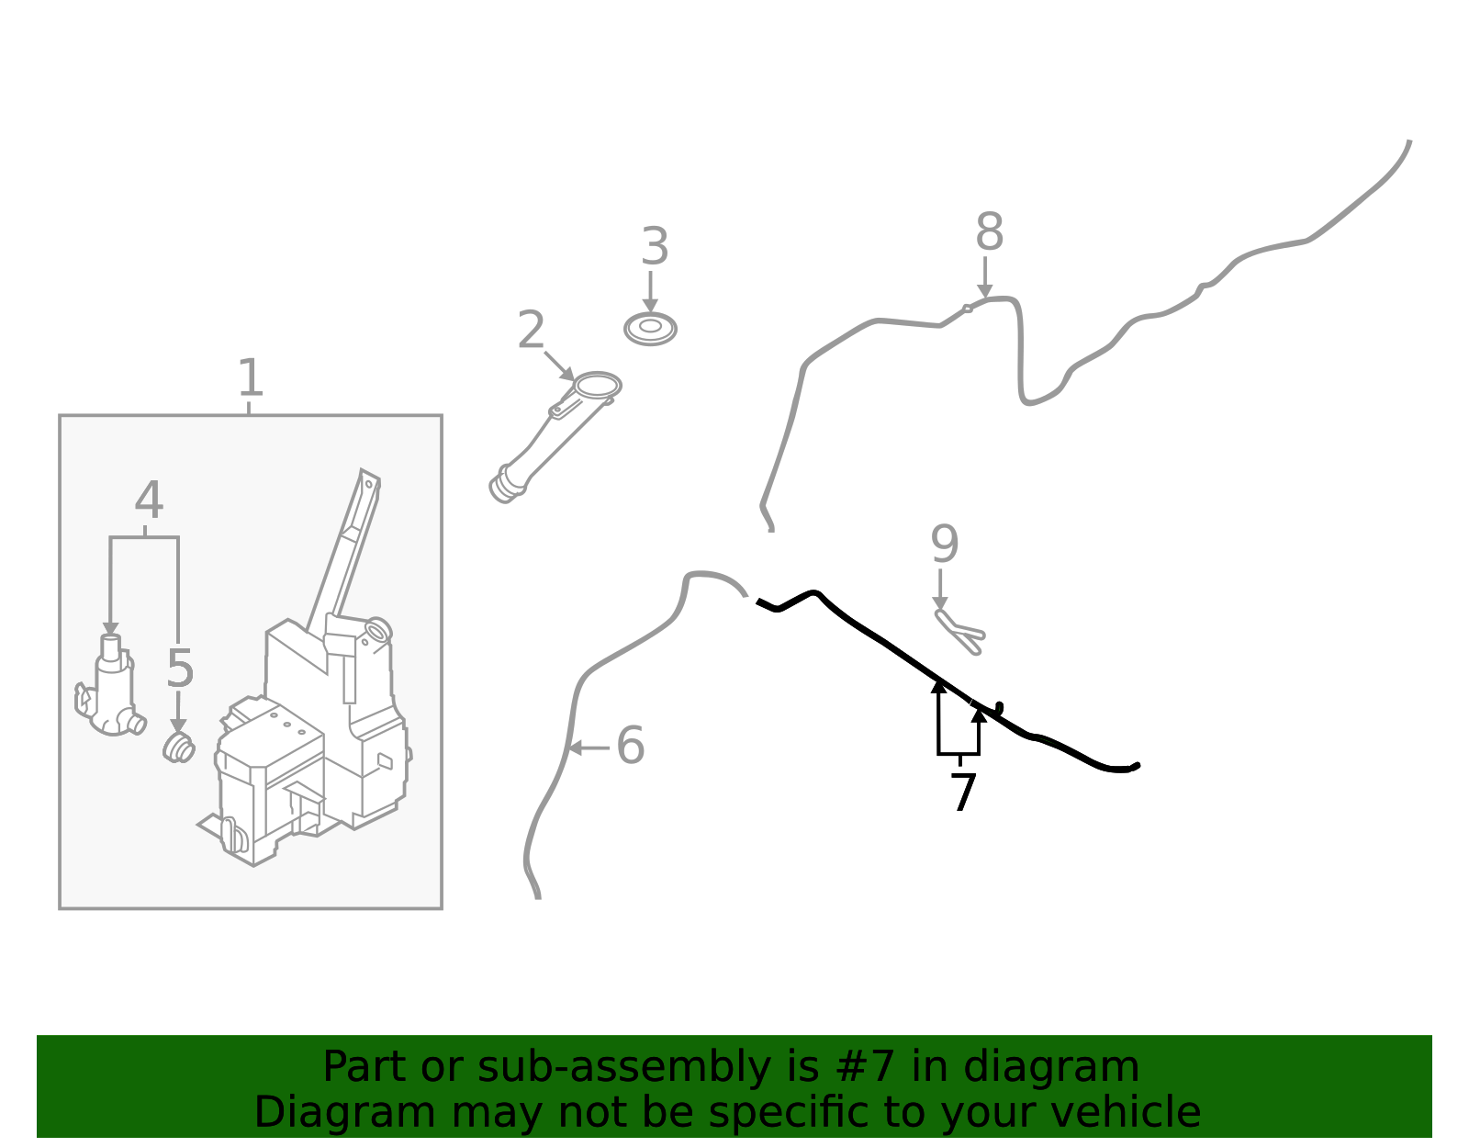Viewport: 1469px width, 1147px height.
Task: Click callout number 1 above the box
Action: [x=250, y=377]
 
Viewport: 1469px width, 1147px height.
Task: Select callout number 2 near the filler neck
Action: [x=531, y=330]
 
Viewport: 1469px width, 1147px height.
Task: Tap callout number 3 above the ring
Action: [x=654, y=247]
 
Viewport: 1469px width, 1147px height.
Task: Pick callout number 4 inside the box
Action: [x=149, y=500]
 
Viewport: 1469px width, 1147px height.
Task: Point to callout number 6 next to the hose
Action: [x=630, y=745]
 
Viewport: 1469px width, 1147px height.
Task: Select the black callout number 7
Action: [x=962, y=792]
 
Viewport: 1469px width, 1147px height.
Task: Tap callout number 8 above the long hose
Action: [x=989, y=232]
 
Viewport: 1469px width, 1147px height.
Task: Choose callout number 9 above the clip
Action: [x=944, y=545]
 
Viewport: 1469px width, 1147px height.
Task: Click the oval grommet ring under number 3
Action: [x=650, y=328]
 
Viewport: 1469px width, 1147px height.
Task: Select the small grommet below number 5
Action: [x=178, y=748]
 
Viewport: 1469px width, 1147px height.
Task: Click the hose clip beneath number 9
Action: [x=959, y=631]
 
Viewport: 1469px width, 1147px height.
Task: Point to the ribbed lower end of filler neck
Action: [x=505, y=484]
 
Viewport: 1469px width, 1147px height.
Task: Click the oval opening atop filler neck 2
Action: [x=598, y=385]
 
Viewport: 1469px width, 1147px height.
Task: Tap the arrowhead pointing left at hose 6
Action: [x=574, y=748]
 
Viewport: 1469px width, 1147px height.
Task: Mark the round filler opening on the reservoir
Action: [x=377, y=630]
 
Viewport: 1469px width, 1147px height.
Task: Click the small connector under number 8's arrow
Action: [x=967, y=309]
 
